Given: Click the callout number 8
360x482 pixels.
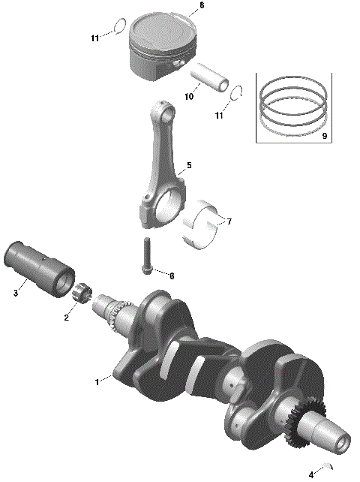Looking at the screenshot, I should point(200,6).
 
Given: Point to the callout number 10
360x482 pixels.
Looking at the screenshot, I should point(189,97).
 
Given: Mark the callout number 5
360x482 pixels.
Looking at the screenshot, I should point(189,165).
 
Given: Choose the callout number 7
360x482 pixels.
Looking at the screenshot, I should point(229,221).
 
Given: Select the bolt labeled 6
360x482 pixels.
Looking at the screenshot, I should point(146,255).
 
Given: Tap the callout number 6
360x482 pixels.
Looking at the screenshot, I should point(171,276).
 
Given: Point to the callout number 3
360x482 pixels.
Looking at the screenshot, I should point(15,294).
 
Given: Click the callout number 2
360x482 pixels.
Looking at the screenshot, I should point(66,318).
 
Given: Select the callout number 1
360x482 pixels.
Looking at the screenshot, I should point(96,382).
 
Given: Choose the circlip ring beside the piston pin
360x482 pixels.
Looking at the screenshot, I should point(238,94).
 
